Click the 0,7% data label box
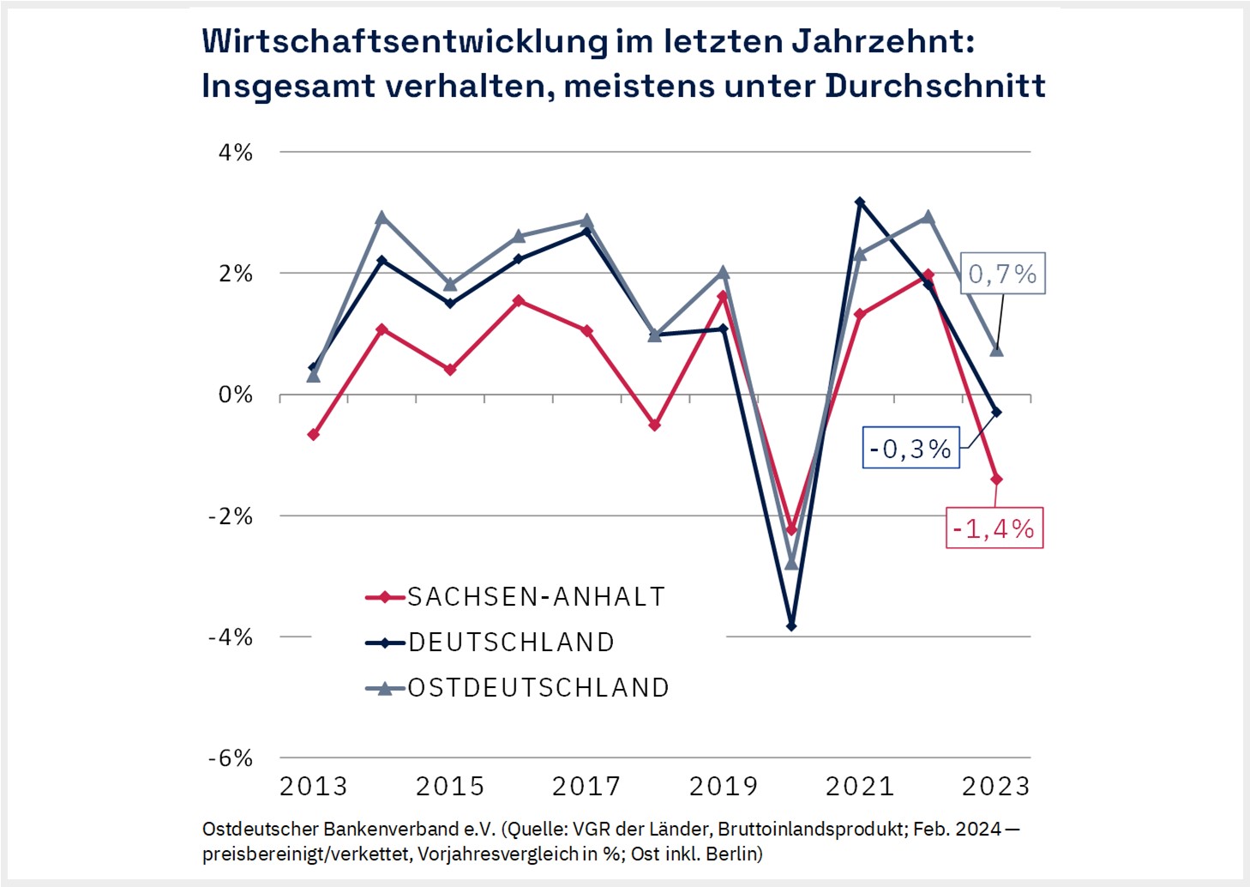pyautogui.click(x=1002, y=274)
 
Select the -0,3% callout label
pyautogui.click(x=910, y=449)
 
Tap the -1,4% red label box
pyautogui.click(x=994, y=528)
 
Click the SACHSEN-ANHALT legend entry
pyautogui.click(x=536, y=597)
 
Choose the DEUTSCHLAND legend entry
pyautogui.click(x=511, y=643)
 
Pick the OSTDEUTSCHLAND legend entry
pyautogui.click(x=538, y=688)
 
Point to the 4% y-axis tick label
pyautogui.click(x=236, y=153)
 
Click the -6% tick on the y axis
pyautogui.click(x=231, y=758)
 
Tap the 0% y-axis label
pyautogui.click(x=236, y=395)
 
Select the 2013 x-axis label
pyautogui.click(x=314, y=786)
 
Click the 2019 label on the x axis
pyautogui.click(x=724, y=786)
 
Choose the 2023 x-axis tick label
pyautogui.click(x=995, y=786)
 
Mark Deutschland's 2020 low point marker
pyautogui.click(x=791, y=626)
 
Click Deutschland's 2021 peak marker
pyautogui.click(x=860, y=202)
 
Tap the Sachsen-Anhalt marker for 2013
pyautogui.click(x=314, y=435)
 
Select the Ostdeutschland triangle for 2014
pyautogui.click(x=382, y=218)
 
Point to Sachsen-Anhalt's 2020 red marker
pyautogui.click(x=791, y=530)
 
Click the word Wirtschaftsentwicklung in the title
pyautogui.click(x=405, y=41)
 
